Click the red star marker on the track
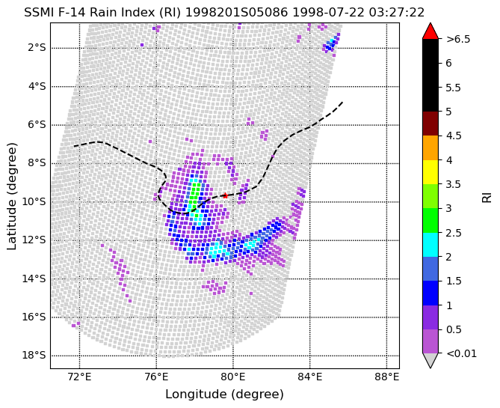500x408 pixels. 225,195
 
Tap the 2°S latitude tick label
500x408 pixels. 37,48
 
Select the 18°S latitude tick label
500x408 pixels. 35,356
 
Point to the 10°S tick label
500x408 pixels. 35,202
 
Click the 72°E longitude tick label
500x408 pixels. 80,377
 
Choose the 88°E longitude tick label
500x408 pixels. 387,377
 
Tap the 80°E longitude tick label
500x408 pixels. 233,377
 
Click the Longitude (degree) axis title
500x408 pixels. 224,395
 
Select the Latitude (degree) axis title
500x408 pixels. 11,196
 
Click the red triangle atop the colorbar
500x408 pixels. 430,31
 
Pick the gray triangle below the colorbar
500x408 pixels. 430,360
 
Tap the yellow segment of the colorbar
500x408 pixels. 430,172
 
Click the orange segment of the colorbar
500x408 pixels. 430,148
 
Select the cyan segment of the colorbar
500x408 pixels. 430,245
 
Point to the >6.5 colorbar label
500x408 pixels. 458,39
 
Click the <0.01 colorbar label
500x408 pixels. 461,353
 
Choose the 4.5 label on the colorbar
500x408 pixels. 454,136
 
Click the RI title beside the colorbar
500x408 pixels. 487,195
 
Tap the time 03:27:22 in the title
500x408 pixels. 397,13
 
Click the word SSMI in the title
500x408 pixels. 37,13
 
